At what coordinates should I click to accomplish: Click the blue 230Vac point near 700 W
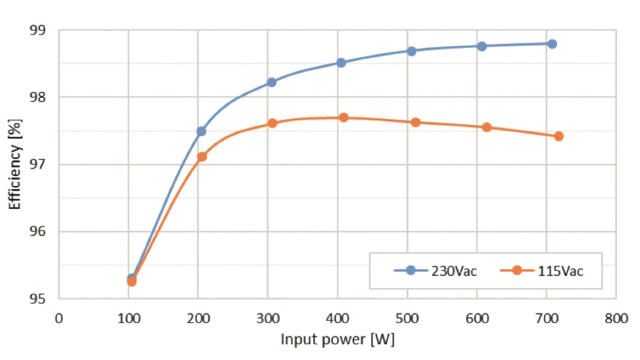(x=552, y=44)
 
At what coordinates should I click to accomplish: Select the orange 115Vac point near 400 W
(x=343, y=118)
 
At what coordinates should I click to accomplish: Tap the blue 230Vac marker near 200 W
(x=201, y=131)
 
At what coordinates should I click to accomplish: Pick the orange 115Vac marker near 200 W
(x=202, y=157)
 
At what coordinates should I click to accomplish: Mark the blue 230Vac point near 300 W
(x=271, y=82)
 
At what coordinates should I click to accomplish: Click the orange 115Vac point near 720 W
(x=558, y=136)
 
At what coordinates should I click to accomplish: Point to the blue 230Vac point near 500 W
(x=411, y=51)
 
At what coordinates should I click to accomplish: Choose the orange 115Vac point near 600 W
(x=486, y=127)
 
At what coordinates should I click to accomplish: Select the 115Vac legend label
(x=560, y=271)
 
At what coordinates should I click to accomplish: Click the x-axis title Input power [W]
(x=337, y=340)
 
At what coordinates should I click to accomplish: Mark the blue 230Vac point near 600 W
(x=481, y=46)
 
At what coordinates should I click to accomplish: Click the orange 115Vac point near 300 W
(x=272, y=123)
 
